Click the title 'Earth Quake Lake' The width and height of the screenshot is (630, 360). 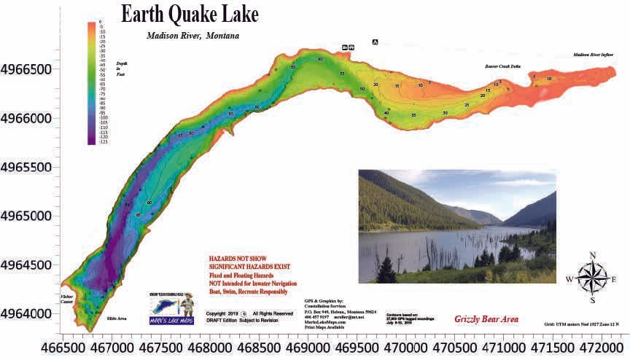[189, 15]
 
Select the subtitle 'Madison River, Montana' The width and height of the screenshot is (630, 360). [192, 35]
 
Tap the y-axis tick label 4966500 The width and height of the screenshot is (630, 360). [30, 70]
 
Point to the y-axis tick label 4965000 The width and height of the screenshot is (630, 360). [30, 216]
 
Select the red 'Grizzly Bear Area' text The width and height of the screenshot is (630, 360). [486, 319]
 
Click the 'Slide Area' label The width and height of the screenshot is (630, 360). [117, 319]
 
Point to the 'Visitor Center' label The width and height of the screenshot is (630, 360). [68, 300]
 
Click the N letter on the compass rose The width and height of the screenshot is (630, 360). [593, 255]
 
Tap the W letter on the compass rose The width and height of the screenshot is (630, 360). [569, 279]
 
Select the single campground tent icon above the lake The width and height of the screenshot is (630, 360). [375, 42]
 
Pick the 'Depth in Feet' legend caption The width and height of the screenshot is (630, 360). [122, 69]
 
